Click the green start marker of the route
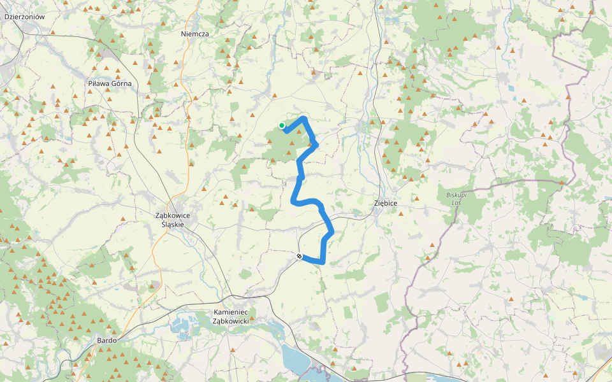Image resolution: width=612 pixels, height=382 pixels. click(282, 125)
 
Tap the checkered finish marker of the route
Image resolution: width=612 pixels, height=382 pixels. click(299, 256)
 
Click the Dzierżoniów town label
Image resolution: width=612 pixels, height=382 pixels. click(24, 17)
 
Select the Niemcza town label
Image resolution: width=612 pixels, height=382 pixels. click(194, 34)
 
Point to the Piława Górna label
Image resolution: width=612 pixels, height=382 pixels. click(110, 83)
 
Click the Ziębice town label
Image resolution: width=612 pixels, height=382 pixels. click(384, 203)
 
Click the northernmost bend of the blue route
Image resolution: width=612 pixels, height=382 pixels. click(304, 118)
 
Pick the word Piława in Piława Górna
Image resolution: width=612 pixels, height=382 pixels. click(98, 83)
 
